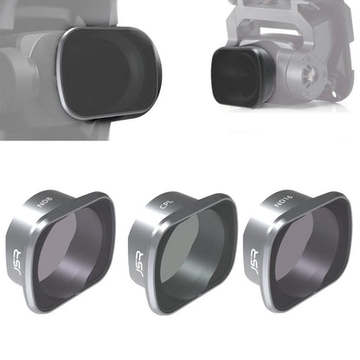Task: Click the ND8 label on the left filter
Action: [44, 210]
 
